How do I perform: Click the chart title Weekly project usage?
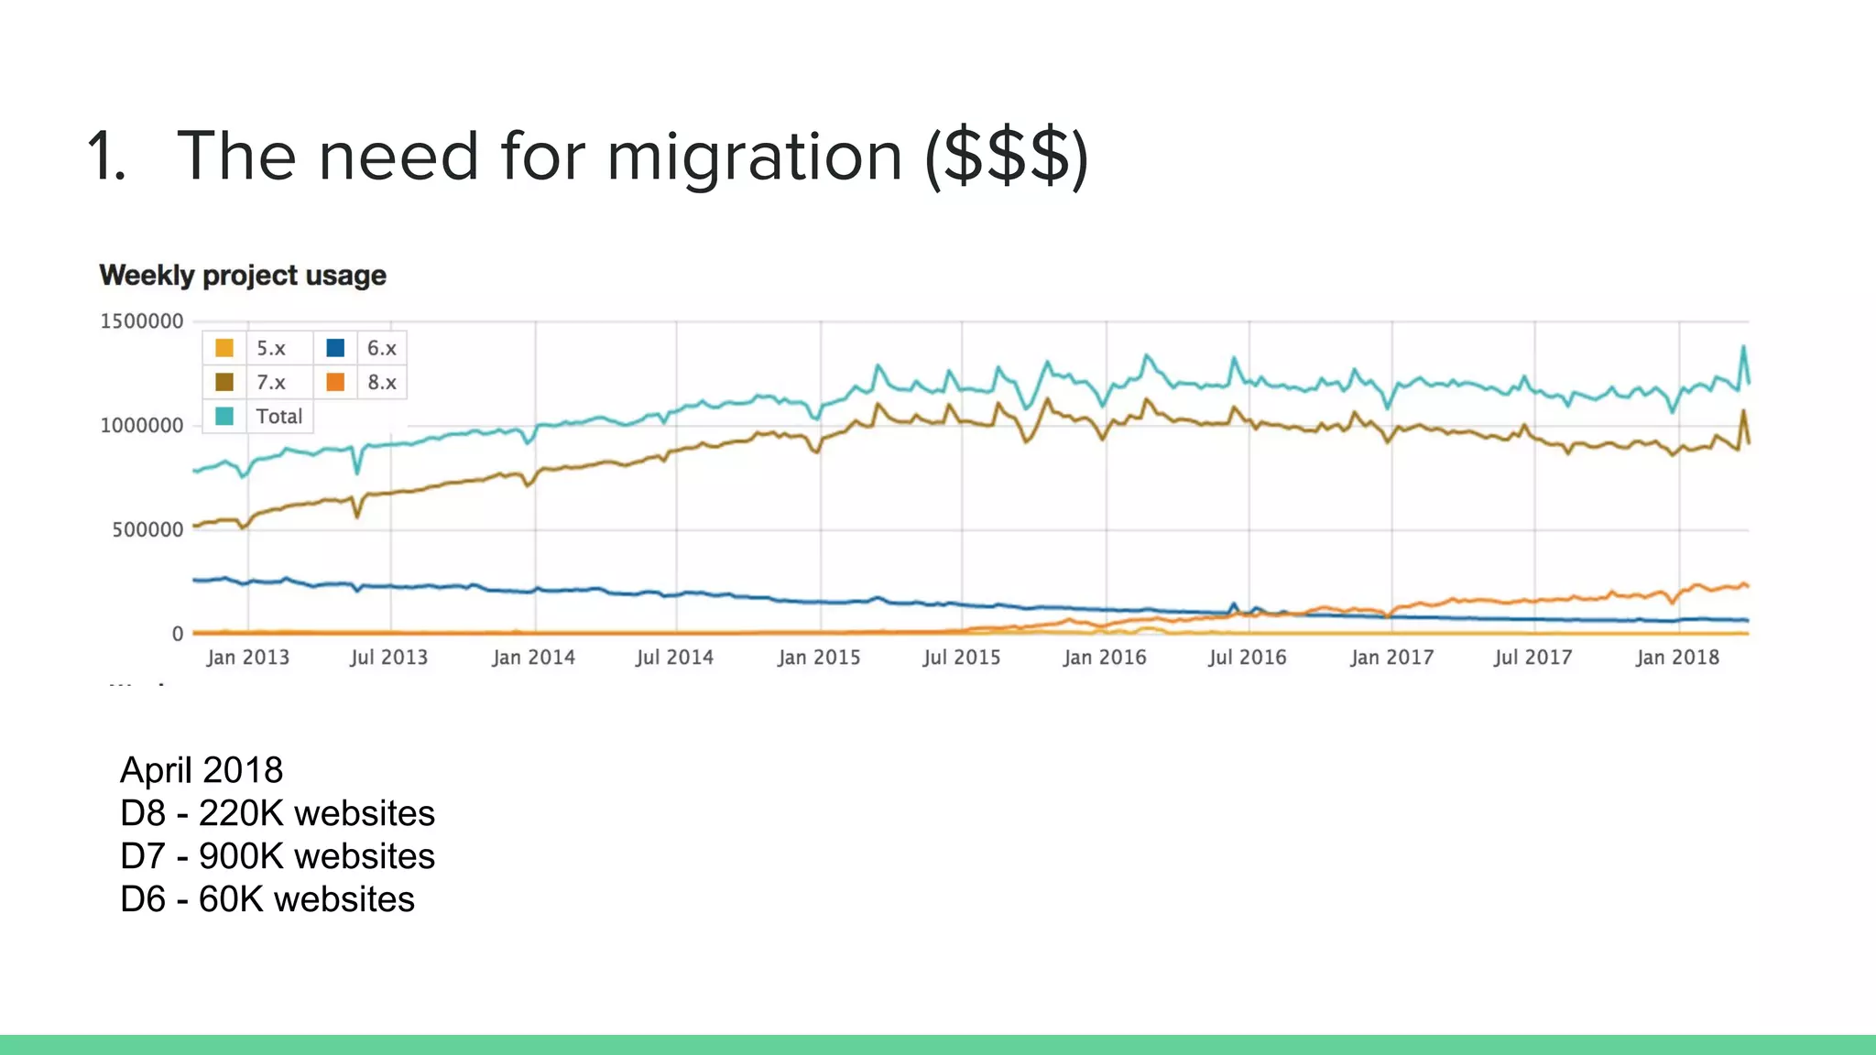[x=243, y=276]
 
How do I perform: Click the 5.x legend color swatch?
[x=224, y=348]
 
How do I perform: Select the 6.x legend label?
[x=381, y=348]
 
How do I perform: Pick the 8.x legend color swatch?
[x=335, y=382]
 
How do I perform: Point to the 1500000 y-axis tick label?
[x=142, y=321]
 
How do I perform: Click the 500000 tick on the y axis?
[x=147, y=530]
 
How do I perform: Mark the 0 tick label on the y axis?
[x=178, y=634]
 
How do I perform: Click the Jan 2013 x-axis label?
[x=247, y=658]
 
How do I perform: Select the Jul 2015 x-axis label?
[x=961, y=658]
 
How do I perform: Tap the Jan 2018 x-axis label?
[x=1677, y=658]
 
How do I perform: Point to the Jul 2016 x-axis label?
[x=1247, y=658]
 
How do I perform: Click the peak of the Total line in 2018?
[x=1744, y=347]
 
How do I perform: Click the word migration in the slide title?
[x=755, y=157]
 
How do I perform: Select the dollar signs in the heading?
[x=1006, y=157]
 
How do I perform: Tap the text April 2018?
[x=202, y=770]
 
